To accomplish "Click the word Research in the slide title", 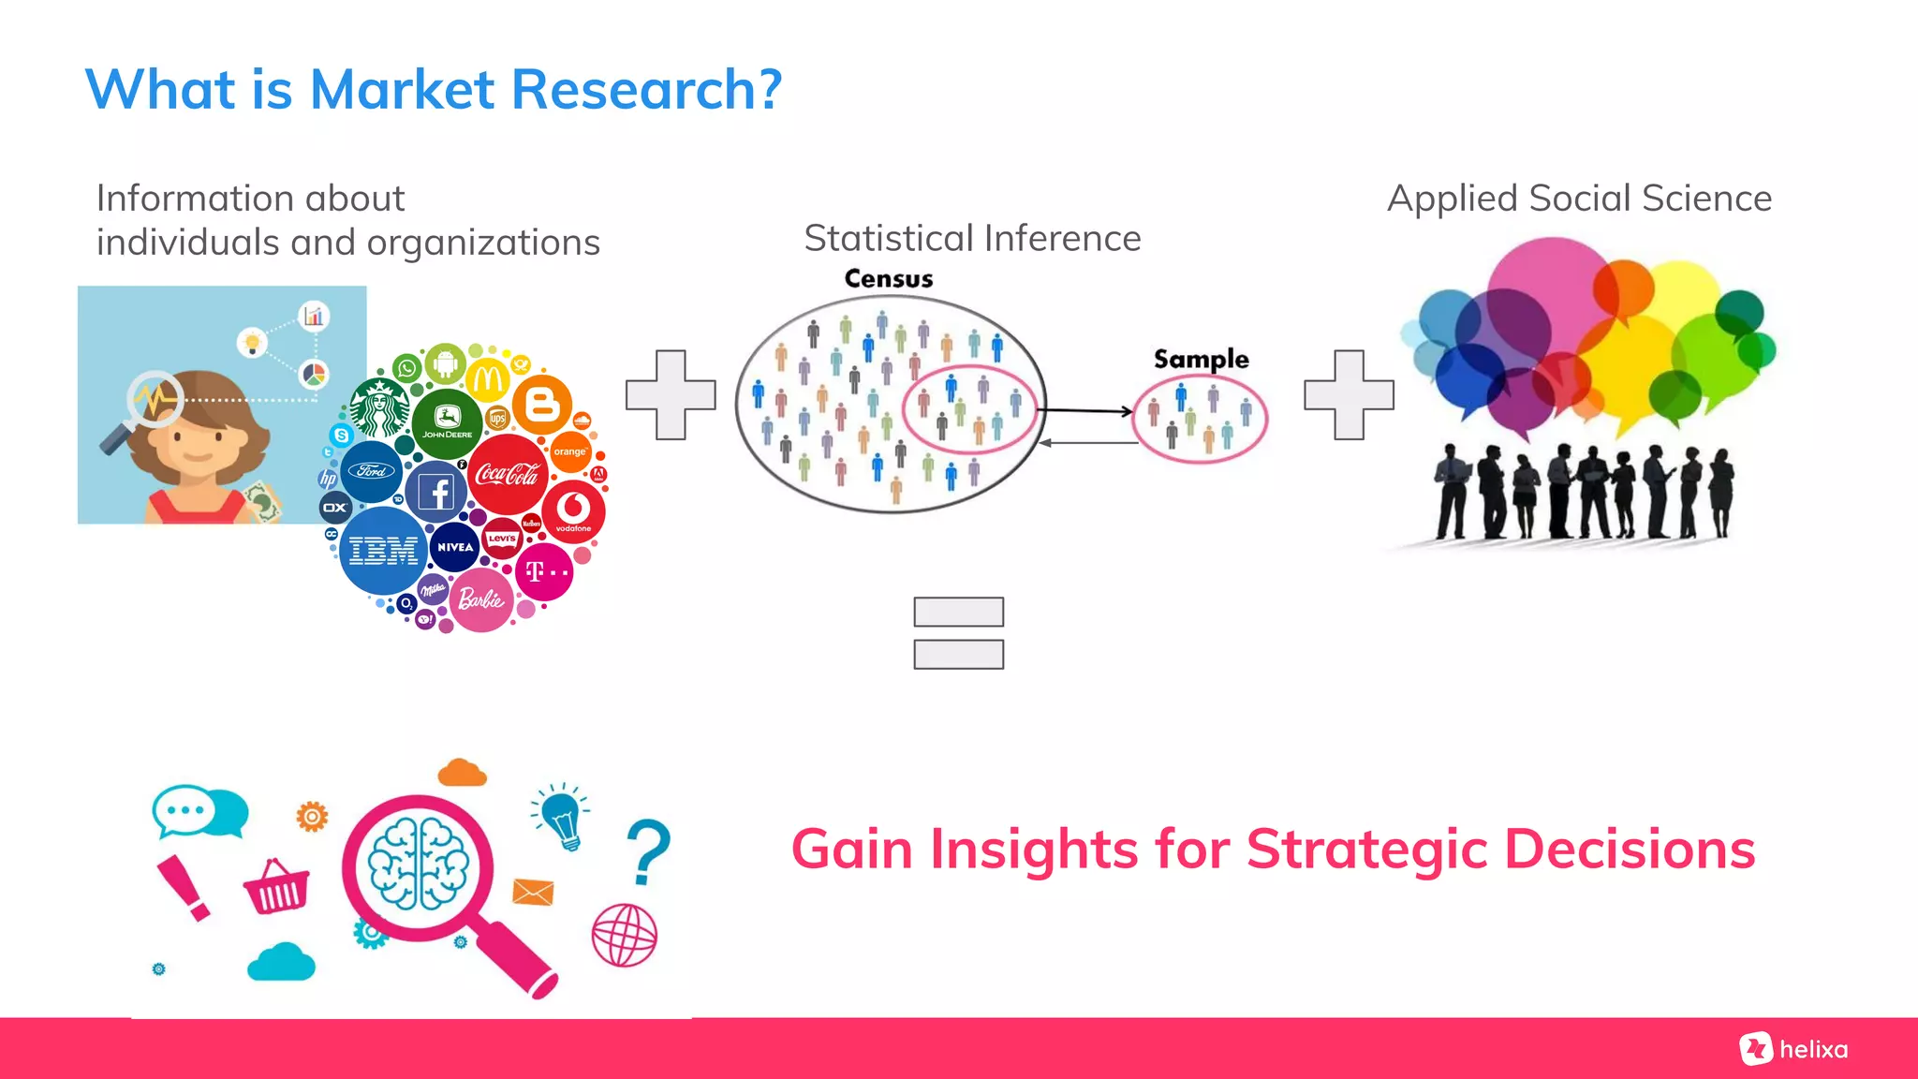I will click(x=646, y=90).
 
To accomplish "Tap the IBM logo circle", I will click(x=383, y=550).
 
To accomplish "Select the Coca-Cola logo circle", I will click(x=508, y=474).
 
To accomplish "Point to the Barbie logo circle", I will click(x=481, y=599).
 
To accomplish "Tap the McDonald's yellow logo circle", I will click(x=488, y=379).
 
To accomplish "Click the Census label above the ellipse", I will click(x=888, y=279).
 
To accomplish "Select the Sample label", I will click(x=1201, y=359).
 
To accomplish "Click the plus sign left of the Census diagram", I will click(x=671, y=394).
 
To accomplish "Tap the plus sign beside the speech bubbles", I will click(x=1349, y=394).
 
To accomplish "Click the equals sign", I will click(x=958, y=633).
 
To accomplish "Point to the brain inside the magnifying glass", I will click(x=418, y=865).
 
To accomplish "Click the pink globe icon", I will click(x=625, y=935).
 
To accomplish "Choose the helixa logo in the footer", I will click(x=1793, y=1049).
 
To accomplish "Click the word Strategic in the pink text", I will click(x=1366, y=850).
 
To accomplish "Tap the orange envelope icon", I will click(x=533, y=892).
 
